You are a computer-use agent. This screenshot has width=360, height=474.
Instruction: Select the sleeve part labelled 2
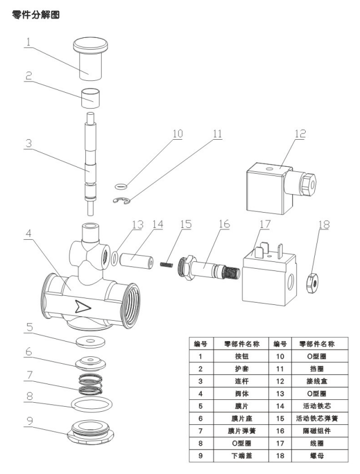coord(90,98)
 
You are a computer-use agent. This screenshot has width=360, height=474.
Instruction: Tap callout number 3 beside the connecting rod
coord(28,143)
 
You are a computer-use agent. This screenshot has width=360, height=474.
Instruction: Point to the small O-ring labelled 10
coord(121,187)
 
